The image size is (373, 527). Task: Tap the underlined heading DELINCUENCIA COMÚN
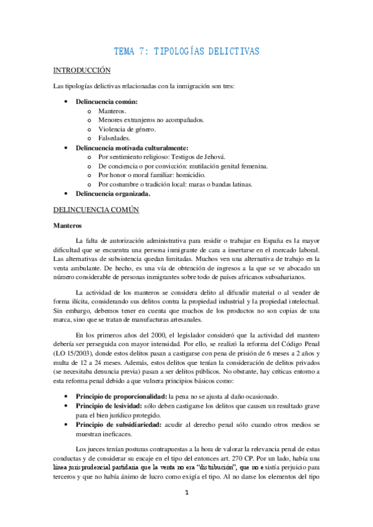96,210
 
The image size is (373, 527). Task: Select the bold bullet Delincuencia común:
106,101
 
